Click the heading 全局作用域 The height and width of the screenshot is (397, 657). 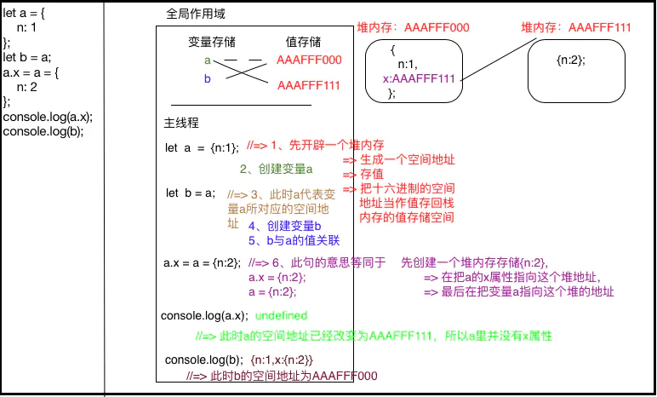[x=196, y=16]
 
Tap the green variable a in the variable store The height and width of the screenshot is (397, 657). [x=207, y=60]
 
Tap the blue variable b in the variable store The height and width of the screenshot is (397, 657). [x=207, y=79]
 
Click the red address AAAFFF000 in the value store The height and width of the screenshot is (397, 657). [x=309, y=60]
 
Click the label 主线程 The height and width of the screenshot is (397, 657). [x=180, y=123]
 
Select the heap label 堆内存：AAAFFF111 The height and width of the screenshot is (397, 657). [x=576, y=27]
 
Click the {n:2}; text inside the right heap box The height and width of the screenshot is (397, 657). [x=571, y=62]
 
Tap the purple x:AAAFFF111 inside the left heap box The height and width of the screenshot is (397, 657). [x=420, y=78]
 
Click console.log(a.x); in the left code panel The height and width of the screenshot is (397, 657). [x=48, y=117]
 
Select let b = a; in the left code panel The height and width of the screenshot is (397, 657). [x=27, y=57]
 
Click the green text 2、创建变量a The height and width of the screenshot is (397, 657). [x=277, y=169]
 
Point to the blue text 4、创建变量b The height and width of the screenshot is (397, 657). [x=284, y=226]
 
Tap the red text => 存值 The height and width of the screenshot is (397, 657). [x=359, y=174]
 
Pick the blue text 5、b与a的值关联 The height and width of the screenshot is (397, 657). [x=294, y=239]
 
